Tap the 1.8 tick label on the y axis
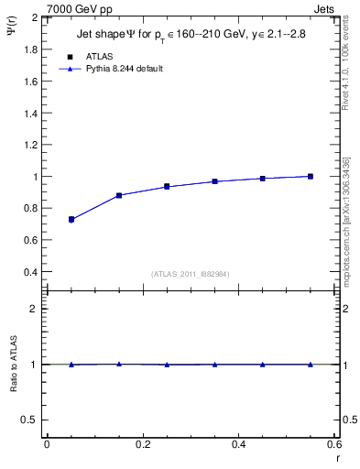click(28, 49)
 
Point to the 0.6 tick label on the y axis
click(28, 241)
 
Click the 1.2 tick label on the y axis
click(28, 145)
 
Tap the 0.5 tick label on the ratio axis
click(28, 420)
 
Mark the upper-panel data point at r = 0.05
click(71, 220)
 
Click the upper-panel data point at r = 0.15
click(119, 195)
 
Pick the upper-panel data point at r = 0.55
click(311, 176)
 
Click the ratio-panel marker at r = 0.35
click(214, 365)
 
